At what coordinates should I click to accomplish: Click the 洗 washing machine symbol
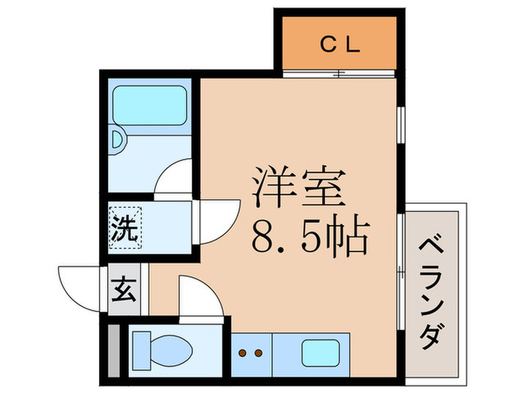[125, 228]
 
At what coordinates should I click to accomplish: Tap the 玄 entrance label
[124, 288]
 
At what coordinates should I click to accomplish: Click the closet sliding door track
[339, 74]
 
